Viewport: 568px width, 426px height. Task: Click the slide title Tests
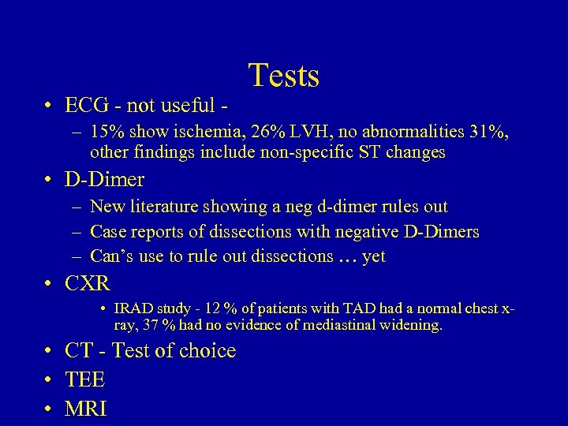click(284, 76)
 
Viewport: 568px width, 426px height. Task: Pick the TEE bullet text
click(85, 380)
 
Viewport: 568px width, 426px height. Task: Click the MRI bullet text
click(87, 409)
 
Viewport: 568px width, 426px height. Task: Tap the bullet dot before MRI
click(49, 409)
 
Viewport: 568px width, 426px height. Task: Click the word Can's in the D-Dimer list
click(114, 256)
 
